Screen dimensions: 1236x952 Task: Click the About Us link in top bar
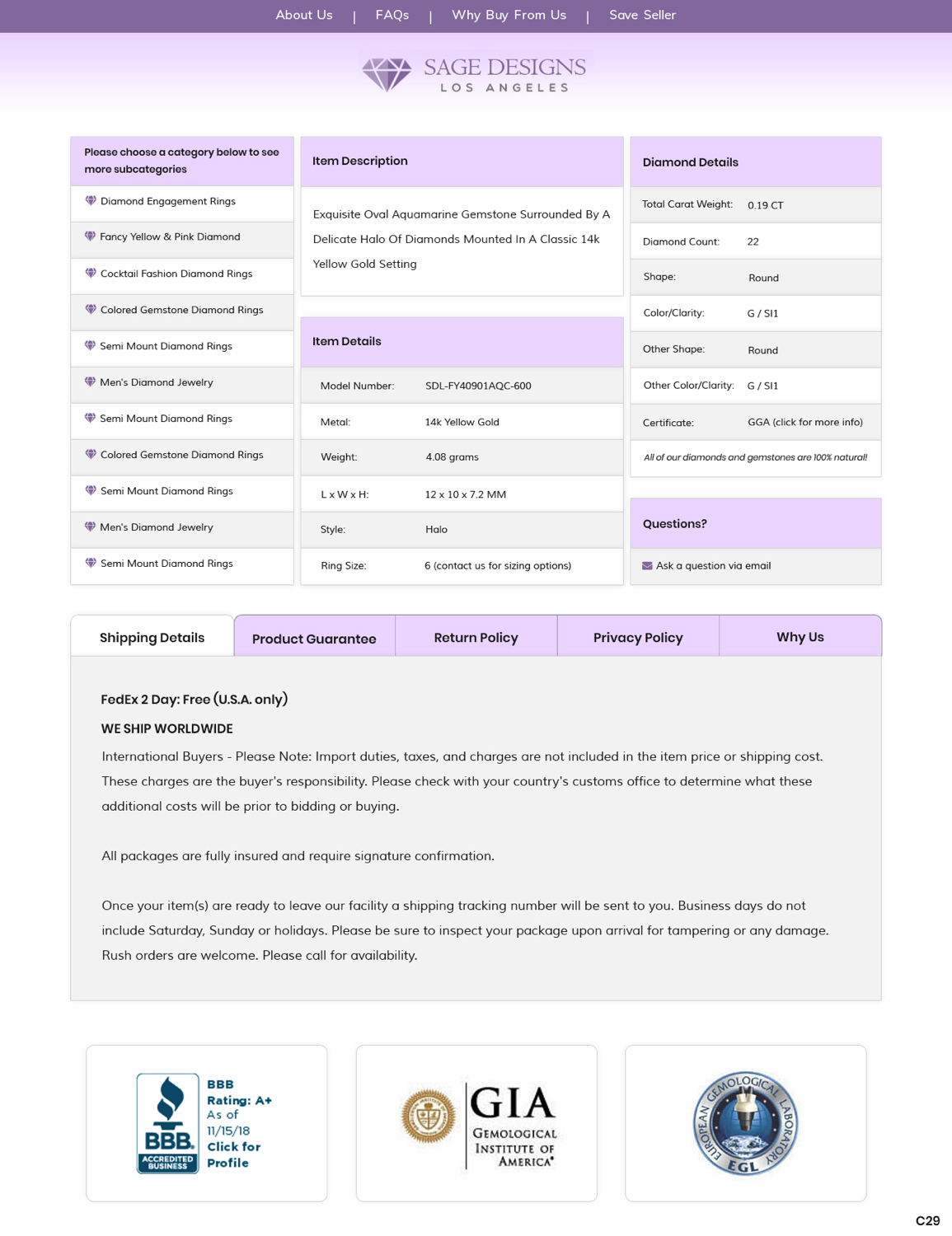[x=303, y=15]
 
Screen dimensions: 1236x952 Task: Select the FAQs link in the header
[x=392, y=15]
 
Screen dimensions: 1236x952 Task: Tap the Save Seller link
[x=642, y=15]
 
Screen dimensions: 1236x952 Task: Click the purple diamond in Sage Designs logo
[x=386, y=74]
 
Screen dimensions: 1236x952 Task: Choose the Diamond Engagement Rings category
[x=167, y=201]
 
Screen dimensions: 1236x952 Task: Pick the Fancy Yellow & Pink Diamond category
[x=170, y=236]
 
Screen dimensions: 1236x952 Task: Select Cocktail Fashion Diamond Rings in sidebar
[x=176, y=274]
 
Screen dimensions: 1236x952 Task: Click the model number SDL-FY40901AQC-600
[x=478, y=386]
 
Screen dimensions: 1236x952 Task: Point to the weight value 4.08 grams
[x=452, y=456]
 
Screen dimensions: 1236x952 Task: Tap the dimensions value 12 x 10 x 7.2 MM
[x=465, y=494]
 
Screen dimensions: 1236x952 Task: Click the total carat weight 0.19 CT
[x=765, y=205]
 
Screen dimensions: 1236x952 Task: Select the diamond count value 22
[x=753, y=241]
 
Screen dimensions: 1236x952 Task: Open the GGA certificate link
[x=804, y=422]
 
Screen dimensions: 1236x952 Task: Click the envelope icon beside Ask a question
[x=647, y=566]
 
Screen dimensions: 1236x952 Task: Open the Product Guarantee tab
[x=314, y=639]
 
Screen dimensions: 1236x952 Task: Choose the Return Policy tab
[x=476, y=638]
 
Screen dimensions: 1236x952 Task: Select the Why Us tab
[x=800, y=637]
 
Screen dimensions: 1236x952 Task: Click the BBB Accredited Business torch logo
[x=168, y=1122]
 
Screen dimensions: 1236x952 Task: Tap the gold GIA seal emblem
[x=428, y=1116]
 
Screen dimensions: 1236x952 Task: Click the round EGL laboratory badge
[x=745, y=1123]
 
